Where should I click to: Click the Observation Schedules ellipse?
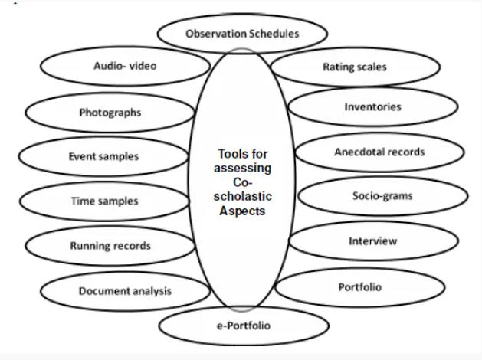tap(242, 34)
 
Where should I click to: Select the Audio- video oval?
tap(125, 66)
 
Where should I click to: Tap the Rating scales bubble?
tap(355, 67)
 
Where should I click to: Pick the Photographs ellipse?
tap(110, 113)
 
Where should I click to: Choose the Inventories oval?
tap(373, 107)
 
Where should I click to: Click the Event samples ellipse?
tap(103, 156)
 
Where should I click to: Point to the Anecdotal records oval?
tap(380, 152)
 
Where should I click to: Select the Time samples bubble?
tap(104, 201)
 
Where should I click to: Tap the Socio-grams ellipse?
tap(383, 195)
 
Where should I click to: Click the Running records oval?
tap(110, 246)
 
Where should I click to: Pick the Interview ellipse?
tap(374, 241)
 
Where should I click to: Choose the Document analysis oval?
tap(125, 291)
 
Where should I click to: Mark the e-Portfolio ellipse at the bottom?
tap(244, 326)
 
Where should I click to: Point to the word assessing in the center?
tap(243, 169)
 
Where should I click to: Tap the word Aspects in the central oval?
tap(242, 211)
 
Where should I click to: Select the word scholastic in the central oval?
tap(243, 196)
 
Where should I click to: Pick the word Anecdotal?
tap(356, 152)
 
